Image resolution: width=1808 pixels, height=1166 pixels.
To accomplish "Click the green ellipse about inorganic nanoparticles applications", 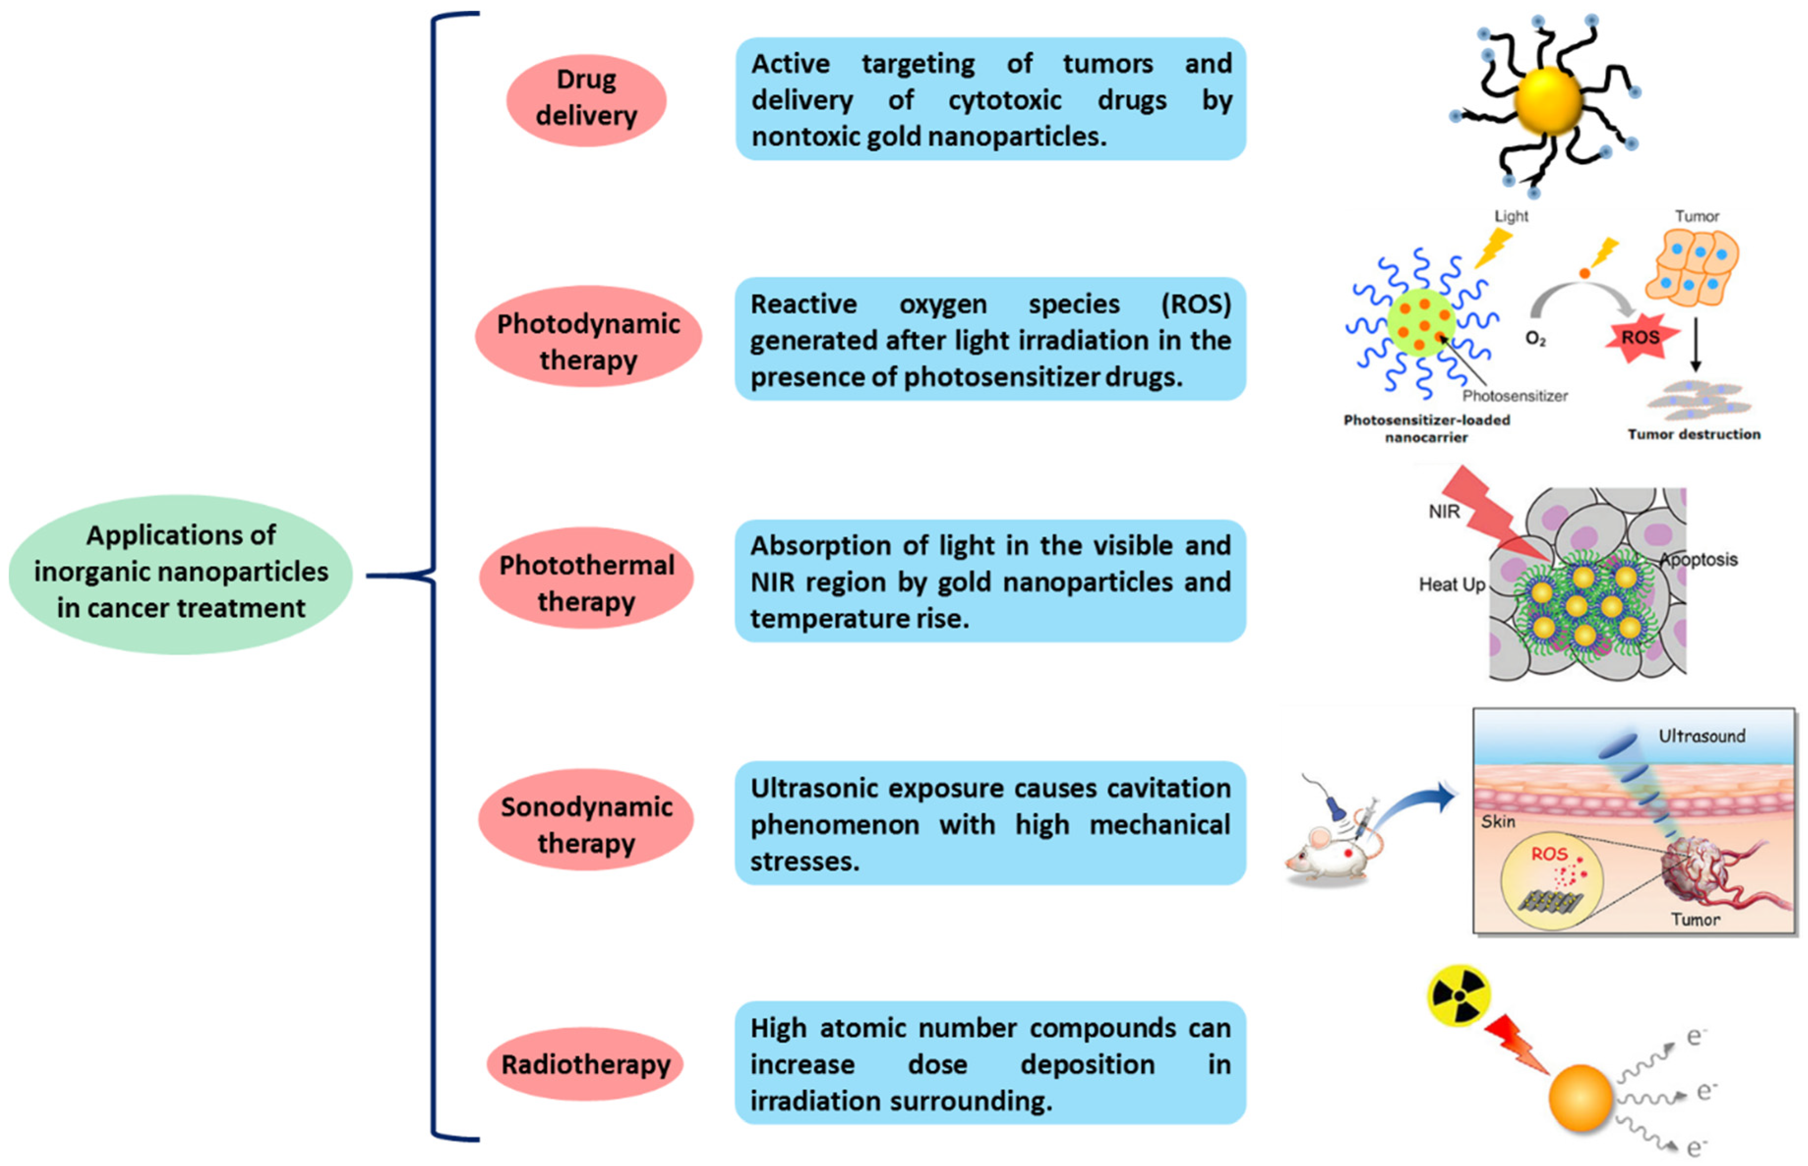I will [x=180, y=573].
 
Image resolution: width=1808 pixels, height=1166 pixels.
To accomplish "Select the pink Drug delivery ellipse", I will [x=586, y=99].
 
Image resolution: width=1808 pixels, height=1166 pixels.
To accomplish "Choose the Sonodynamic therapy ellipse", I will [x=586, y=820].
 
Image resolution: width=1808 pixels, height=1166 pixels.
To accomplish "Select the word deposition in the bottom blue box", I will [x=1087, y=1065].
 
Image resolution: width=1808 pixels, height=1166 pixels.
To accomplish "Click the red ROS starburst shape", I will [x=1640, y=338].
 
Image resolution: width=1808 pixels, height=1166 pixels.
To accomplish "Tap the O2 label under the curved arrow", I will [x=1535, y=339].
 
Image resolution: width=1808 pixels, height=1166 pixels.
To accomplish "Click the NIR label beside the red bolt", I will [x=1444, y=512].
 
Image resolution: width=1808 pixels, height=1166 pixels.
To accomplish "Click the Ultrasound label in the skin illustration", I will [x=1701, y=736].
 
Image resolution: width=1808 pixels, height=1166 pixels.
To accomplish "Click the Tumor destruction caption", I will [x=1693, y=434].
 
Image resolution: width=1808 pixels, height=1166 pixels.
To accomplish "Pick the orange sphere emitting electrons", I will [x=1580, y=1098].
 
